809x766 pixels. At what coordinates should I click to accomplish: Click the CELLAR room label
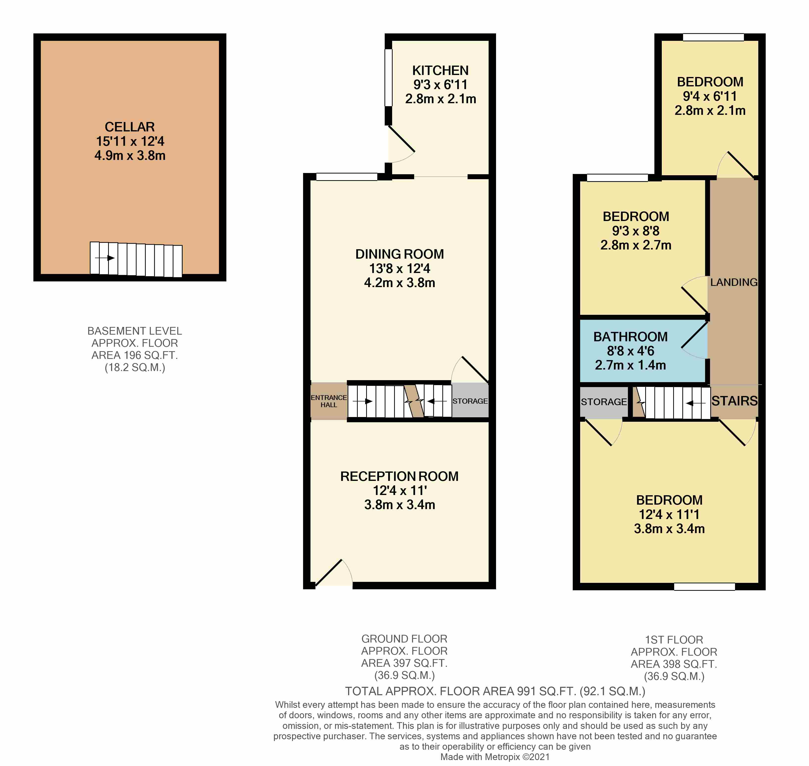pyautogui.click(x=130, y=127)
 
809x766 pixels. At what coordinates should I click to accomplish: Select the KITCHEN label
pyautogui.click(x=440, y=71)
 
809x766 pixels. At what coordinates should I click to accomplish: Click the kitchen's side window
pyautogui.click(x=389, y=77)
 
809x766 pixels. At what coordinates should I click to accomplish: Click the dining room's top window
pyautogui.click(x=347, y=177)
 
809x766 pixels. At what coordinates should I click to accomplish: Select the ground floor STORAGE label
pyautogui.click(x=470, y=401)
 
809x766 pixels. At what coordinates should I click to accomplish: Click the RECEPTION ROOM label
pyautogui.click(x=400, y=476)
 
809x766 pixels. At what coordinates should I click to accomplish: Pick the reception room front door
pyautogui.click(x=333, y=573)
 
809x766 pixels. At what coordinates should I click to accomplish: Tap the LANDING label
pyautogui.click(x=734, y=282)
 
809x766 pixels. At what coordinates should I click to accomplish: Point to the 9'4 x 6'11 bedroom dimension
pyautogui.click(x=710, y=96)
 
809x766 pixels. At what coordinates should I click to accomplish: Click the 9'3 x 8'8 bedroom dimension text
pyautogui.click(x=636, y=231)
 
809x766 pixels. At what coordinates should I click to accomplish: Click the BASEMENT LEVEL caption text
pyautogui.click(x=135, y=331)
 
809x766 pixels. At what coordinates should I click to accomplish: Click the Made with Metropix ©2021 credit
pyautogui.click(x=495, y=757)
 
